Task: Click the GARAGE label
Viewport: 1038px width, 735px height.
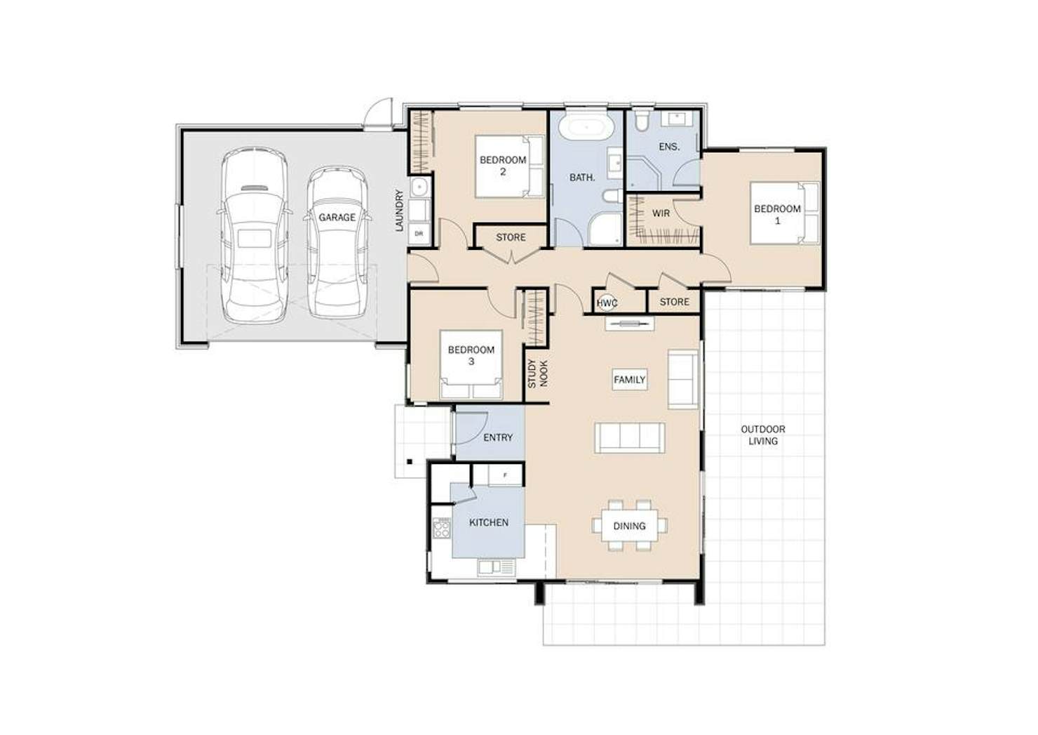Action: (x=337, y=217)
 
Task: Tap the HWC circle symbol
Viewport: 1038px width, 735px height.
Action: (x=606, y=303)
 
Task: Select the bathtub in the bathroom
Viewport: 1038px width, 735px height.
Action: (x=586, y=125)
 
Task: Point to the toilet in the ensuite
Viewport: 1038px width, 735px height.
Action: (x=642, y=119)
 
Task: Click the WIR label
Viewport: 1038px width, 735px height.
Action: (x=661, y=213)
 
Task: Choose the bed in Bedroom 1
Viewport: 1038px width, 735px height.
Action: (x=785, y=213)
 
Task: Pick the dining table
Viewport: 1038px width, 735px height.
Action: (x=629, y=525)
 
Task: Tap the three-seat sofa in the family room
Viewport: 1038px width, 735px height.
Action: (x=630, y=437)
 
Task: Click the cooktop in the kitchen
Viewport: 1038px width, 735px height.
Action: (x=441, y=528)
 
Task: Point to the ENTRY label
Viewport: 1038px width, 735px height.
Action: (x=498, y=437)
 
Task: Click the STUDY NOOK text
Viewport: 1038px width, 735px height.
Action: (x=537, y=373)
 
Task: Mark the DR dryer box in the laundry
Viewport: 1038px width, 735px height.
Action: (x=419, y=234)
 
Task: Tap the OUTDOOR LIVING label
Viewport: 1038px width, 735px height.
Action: (x=763, y=435)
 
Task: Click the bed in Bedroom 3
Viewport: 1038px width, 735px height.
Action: (x=471, y=364)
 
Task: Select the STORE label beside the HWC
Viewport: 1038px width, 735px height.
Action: (x=674, y=302)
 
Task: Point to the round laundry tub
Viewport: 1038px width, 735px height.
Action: (x=420, y=187)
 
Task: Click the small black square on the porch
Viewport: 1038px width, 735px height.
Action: (x=410, y=461)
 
